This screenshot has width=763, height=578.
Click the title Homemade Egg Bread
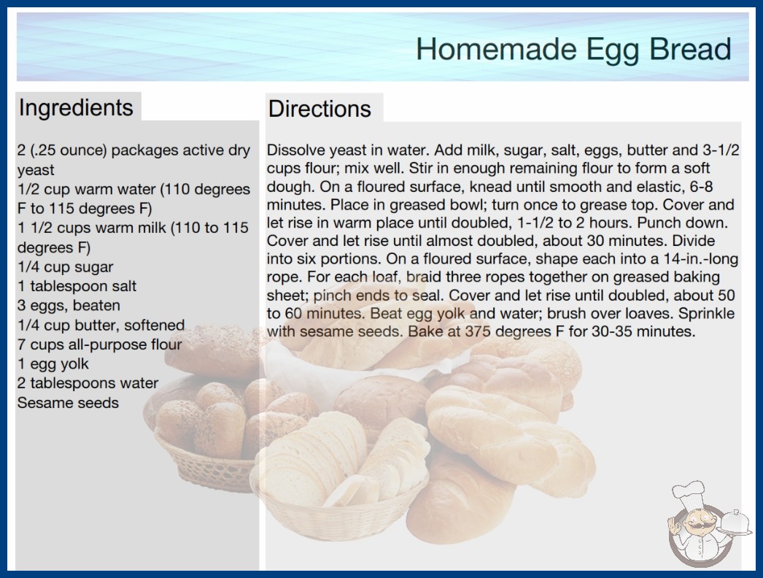click(x=573, y=49)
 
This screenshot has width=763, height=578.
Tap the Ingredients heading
click(x=76, y=108)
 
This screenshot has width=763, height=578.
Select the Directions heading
click(x=319, y=109)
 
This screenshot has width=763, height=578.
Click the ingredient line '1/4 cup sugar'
click(x=65, y=267)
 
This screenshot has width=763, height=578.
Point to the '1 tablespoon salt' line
click(x=77, y=286)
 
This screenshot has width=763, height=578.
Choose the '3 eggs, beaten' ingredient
click(x=69, y=305)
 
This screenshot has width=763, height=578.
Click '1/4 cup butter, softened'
click(x=101, y=325)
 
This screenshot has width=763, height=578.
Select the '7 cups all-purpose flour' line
click(x=99, y=344)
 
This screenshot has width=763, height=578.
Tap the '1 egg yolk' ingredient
click(x=53, y=363)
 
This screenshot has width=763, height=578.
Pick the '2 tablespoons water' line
click(x=88, y=383)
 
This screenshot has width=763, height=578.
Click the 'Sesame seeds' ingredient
click(x=68, y=403)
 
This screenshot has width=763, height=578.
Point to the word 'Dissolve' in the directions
click(x=294, y=150)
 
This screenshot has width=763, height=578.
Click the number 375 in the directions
click(x=477, y=331)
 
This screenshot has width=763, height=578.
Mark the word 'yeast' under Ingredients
click(x=36, y=171)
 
